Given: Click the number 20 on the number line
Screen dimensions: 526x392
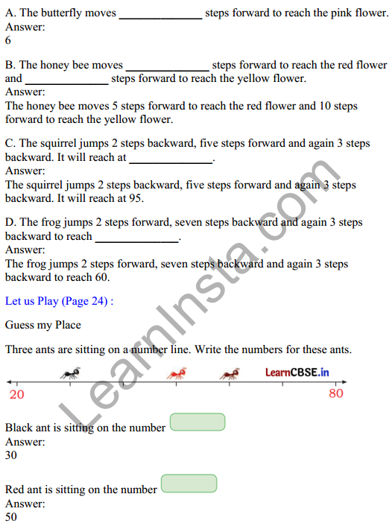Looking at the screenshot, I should point(16,394).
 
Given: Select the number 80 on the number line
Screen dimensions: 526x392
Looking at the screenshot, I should point(336,393).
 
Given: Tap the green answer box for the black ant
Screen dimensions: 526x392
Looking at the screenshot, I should point(197,422).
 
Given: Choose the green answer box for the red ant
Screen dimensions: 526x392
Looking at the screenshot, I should point(189,484).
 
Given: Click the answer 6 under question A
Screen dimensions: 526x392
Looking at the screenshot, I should point(8,41).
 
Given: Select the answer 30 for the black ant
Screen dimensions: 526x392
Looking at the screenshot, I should point(11,455).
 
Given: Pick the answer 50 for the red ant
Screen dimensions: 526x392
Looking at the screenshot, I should point(11,516).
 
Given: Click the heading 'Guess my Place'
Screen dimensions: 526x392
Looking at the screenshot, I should point(42,325).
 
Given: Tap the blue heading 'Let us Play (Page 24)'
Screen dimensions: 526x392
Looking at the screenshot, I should point(60,301).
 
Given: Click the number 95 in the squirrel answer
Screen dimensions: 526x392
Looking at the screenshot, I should point(135,198).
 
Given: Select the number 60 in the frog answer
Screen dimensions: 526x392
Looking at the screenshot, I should point(101,277).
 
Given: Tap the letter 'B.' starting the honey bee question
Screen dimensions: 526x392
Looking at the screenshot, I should point(10,65).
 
